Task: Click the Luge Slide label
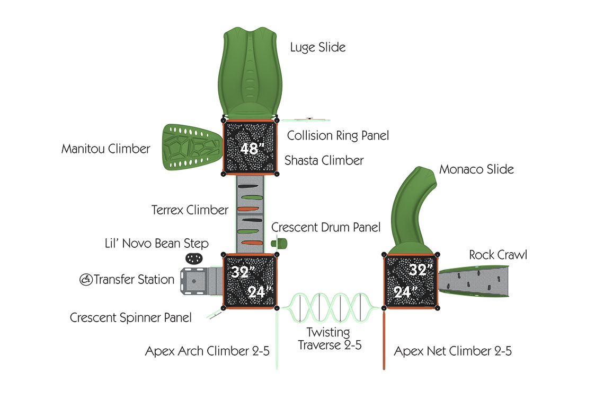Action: click(x=317, y=47)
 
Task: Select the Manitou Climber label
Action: click(x=105, y=149)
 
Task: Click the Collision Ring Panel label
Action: click(x=338, y=135)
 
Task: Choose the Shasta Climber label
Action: click(x=324, y=160)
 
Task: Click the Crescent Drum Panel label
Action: click(x=326, y=227)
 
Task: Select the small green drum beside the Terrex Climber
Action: click(x=279, y=243)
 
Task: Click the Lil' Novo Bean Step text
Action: click(x=156, y=243)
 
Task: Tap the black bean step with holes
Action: click(x=194, y=258)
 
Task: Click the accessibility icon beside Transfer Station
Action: click(x=85, y=279)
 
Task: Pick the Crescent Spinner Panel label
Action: click(x=130, y=317)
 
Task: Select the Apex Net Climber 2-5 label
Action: click(x=452, y=351)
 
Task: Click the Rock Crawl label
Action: click(x=498, y=255)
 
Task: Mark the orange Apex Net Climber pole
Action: click(x=384, y=340)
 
